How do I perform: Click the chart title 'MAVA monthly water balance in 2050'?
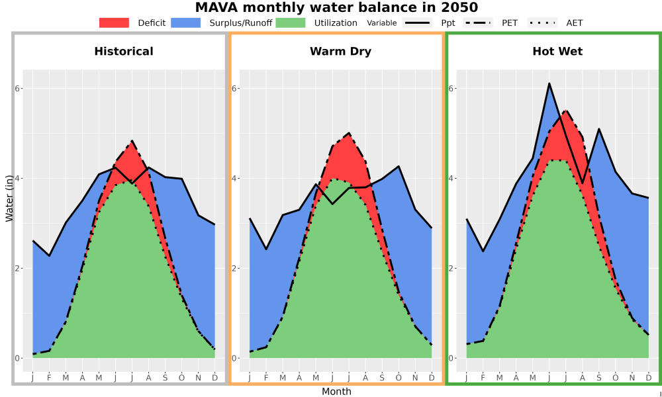(x=336, y=7)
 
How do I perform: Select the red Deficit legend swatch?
(x=114, y=22)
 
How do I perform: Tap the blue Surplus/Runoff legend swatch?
(x=186, y=22)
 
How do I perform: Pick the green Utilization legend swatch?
(x=291, y=22)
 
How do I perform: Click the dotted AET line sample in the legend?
(x=542, y=22)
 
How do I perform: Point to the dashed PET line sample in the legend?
(x=477, y=22)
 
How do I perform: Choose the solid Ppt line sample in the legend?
(x=417, y=22)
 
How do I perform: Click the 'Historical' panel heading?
(x=124, y=52)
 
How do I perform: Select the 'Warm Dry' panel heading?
(x=341, y=52)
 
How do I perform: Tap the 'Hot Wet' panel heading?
(x=557, y=52)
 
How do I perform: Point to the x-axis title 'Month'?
(x=336, y=392)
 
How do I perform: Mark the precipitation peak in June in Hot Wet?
(x=549, y=83)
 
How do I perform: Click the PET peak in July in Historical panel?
(x=132, y=140)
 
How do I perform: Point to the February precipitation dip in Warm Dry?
(x=266, y=249)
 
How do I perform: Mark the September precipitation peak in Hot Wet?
(x=598, y=128)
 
